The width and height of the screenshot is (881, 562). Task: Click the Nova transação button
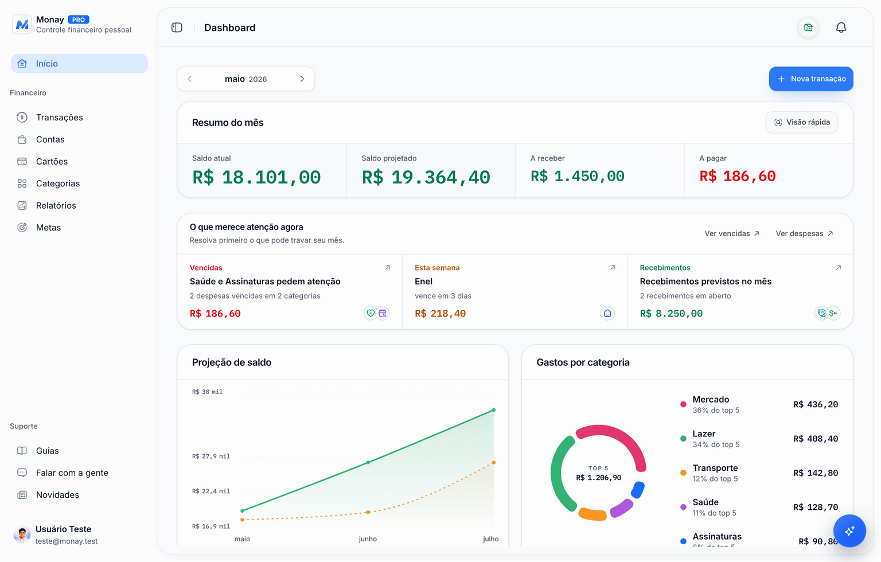pos(810,79)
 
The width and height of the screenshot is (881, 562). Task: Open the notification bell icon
pos(841,28)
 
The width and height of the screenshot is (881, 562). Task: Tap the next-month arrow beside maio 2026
pos(302,79)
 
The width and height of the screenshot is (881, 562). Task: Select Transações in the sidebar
pos(60,117)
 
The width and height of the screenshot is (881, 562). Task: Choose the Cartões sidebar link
pos(52,161)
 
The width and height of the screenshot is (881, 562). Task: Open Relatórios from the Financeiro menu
pos(56,205)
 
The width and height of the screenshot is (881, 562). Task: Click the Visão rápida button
pos(801,122)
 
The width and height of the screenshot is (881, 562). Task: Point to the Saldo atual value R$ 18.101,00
pos(256,177)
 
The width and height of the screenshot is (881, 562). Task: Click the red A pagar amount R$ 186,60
pos(738,176)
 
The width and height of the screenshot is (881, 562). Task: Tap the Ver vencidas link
pos(732,233)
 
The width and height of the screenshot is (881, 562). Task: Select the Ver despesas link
pos(804,233)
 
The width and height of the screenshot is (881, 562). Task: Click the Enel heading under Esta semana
pos(423,281)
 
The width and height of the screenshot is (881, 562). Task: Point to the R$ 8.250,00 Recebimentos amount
pos(671,314)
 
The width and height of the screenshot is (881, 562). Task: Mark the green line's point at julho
pos(494,410)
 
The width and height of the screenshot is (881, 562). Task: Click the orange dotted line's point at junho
pos(368,512)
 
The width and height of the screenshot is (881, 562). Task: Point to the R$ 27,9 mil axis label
pos(211,456)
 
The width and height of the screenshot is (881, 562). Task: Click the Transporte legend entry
pos(715,473)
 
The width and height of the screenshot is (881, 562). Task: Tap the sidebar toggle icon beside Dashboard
pos(177,28)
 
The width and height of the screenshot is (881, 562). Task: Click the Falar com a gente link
pos(72,473)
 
